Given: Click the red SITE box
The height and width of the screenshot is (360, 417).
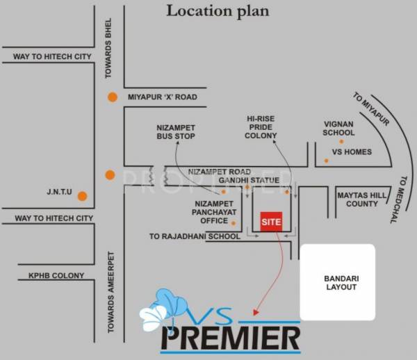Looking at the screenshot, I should [x=271, y=221].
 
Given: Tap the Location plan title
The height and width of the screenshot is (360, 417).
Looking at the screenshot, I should [x=216, y=12].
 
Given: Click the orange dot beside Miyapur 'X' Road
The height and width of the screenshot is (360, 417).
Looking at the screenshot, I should [x=112, y=98].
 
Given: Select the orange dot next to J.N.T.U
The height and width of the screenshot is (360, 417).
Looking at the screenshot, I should [x=82, y=196].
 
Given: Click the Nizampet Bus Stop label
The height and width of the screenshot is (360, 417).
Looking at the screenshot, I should [x=175, y=132].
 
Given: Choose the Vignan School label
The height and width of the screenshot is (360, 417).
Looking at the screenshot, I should [x=339, y=128].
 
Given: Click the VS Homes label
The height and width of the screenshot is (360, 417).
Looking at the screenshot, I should [x=352, y=152].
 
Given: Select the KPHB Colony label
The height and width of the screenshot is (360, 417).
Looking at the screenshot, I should [x=56, y=276].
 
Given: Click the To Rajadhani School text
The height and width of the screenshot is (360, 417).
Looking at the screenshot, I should [x=195, y=236].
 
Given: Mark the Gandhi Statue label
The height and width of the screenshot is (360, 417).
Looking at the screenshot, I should [x=249, y=181].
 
